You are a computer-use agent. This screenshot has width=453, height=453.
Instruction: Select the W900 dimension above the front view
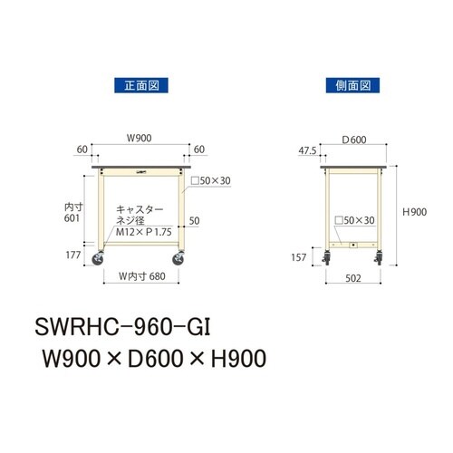tap(139, 140)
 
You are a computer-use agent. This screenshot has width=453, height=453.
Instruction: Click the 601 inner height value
tap(73, 218)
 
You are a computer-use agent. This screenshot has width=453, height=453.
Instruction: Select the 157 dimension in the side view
tap(300, 258)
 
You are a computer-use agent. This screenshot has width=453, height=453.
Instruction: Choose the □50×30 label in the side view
tap(354, 220)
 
